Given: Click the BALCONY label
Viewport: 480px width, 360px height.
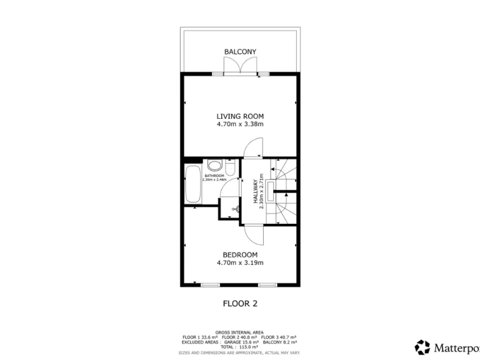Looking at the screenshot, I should tap(240, 51).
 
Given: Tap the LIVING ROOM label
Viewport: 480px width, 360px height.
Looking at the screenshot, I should tap(240, 116).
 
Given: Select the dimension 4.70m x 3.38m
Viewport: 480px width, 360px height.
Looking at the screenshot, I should tap(240, 124).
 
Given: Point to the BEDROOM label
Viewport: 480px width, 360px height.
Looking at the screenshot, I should tap(240, 254).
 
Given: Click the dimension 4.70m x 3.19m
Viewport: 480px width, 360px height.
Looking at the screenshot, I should tap(240, 263).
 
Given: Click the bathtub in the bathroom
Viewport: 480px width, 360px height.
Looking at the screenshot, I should tap(192, 184).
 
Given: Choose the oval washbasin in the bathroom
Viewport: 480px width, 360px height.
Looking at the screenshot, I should tap(214, 166).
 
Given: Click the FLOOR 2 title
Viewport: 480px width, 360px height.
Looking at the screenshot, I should tap(240, 304).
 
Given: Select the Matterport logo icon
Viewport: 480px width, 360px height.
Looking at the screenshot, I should tap(423, 347).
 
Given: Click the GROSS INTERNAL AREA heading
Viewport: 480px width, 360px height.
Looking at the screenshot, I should tap(239, 332).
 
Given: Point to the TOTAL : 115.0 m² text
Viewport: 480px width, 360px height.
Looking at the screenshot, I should tap(240, 347).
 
